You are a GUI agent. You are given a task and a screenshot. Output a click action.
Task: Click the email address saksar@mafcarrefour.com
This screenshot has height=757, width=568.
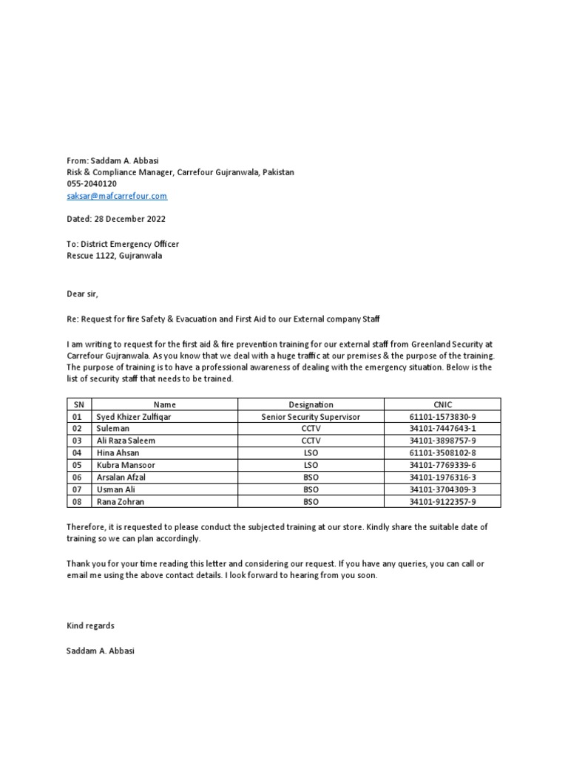tap(117, 196)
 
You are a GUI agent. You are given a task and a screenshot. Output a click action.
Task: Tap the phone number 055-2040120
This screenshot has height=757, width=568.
tap(92, 184)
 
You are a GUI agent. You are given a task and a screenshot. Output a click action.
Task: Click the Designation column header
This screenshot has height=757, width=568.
tap(311, 404)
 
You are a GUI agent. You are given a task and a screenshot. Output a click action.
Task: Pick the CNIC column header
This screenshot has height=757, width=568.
tap(442, 404)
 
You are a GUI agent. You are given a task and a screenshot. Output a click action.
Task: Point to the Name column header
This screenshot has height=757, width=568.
tap(164, 404)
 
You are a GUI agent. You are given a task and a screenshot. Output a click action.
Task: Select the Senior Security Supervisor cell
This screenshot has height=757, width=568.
tap(311, 417)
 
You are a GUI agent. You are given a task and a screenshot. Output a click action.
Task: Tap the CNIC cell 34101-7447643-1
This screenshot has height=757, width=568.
tap(442, 429)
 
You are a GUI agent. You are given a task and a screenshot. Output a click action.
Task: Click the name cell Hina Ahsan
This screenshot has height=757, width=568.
tap(118, 452)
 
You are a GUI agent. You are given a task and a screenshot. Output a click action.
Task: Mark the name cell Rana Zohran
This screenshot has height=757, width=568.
tap(121, 501)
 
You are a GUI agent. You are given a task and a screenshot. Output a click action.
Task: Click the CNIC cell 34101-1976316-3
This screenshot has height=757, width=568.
tap(442, 477)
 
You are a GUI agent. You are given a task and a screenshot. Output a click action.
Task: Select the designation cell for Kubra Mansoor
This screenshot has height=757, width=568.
tap(311, 464)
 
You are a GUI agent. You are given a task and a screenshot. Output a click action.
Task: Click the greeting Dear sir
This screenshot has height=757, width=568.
tap(81, 293)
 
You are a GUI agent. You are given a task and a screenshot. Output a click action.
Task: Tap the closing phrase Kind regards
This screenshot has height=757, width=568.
tap(90, 625)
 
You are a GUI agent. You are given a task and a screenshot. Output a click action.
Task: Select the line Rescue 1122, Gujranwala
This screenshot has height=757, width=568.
tap(114, 256)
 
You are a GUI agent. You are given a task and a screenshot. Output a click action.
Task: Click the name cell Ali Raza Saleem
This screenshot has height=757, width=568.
tap(126, 441)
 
